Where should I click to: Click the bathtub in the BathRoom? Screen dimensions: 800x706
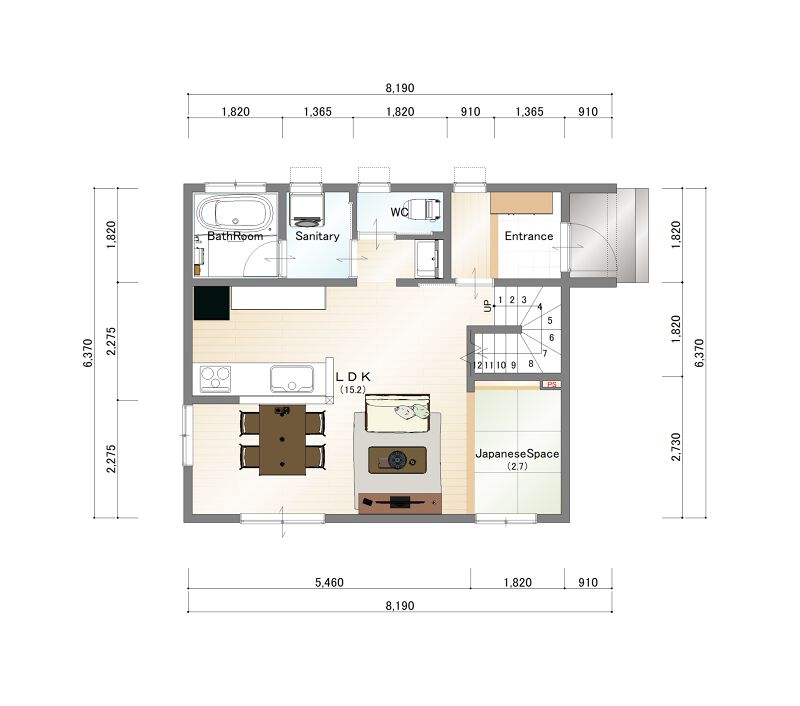click(x=235, y=213)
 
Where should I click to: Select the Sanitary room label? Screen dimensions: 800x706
click(x=317, y=236)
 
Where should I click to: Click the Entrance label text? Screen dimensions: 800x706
click(x=529, y=236)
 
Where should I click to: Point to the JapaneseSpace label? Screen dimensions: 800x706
click(x=517, y=453)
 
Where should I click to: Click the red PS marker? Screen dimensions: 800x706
click(x=552, y=384)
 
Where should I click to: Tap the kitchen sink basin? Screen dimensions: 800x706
click(x=292, y=379)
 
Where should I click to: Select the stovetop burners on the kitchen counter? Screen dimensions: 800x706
click(x=215, y=379)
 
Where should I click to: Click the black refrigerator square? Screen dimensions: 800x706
click(x=211, y=304)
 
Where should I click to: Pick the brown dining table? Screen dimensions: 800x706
click(x=282, y=440)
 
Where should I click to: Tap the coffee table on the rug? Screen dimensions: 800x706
click(x=397, y=460)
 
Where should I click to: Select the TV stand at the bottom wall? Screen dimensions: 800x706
click(x=399, y=503)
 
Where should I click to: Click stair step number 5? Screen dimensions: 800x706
click(x=550, y=321)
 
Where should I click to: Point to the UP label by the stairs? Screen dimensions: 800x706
click(x=488, y=306)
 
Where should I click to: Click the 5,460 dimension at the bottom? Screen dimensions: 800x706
click(x=329, y=582)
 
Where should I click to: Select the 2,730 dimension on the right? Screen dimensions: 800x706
click(x=676, y=447)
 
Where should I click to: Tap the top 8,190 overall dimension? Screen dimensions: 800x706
click(x=399, y=88)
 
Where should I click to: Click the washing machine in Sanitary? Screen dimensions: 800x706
click(x=306, y=209)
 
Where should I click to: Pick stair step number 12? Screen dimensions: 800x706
click(x=477, y=365)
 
